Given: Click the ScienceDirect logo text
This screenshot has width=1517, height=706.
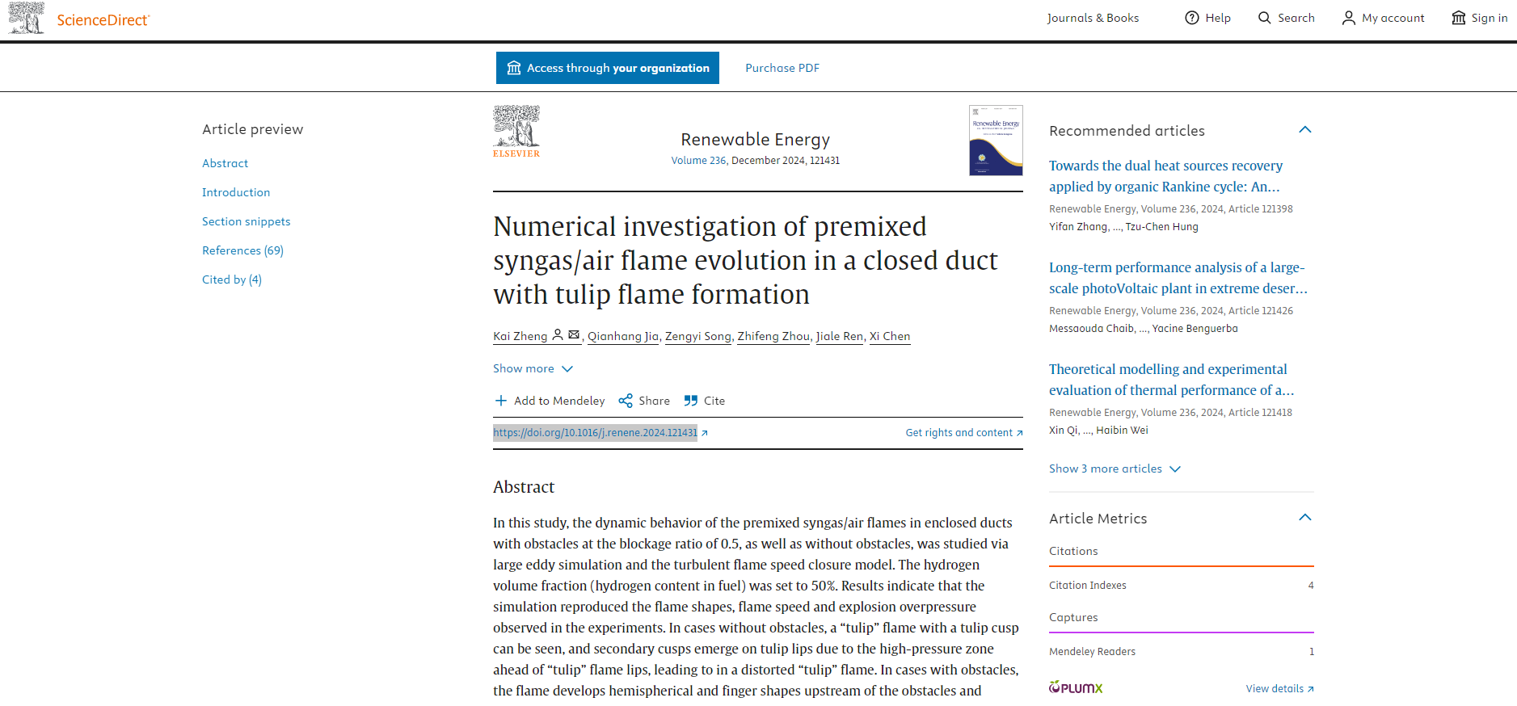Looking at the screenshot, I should point(103,20).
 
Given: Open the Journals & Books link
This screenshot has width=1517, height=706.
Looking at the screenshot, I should point(1093,18).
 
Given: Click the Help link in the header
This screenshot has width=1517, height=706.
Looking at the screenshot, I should point(1207,18).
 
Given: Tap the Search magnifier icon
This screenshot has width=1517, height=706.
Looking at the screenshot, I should point(1265,18).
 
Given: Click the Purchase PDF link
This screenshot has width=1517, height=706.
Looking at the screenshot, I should point(782,68).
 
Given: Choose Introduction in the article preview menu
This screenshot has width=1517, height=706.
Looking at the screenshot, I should point(236,192).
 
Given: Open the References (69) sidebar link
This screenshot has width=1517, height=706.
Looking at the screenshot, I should point(242,250).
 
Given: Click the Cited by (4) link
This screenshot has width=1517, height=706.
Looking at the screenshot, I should point(232,279).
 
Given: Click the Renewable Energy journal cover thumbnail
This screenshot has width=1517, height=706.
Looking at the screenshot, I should point(996,141).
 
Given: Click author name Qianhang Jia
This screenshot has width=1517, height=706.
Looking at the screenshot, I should point(622,336).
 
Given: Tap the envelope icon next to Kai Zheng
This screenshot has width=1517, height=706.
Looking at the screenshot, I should point(574,334).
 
